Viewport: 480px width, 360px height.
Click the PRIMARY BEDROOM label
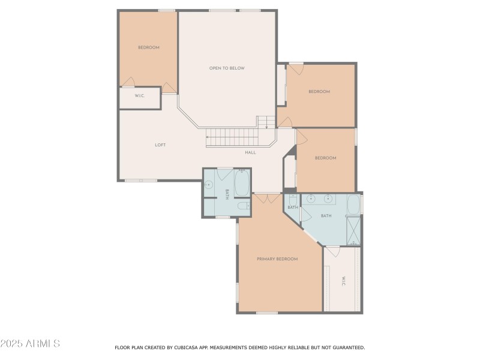click(x=277, y=259)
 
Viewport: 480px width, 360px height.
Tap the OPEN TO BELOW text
click(x=227, y=68)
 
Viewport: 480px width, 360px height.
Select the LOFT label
click(x=160, y=145)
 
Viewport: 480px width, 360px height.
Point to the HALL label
click(x=250, y=152)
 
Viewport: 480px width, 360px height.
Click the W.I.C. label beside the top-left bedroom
click(x=139, y=96)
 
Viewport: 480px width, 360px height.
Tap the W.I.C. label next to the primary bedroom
click(x=343, y=281)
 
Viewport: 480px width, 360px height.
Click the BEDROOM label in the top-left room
click(x=148, y=47)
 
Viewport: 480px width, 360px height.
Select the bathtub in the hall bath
click(x=241, y=183)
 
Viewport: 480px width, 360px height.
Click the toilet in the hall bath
click(x=243, y=206)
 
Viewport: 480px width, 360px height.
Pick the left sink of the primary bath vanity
click(x=311, y=199)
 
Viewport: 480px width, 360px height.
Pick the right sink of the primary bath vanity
click(x=329, y=199)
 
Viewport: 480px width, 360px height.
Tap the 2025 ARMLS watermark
click(x=30, y=344)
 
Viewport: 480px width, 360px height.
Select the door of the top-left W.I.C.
click(x=169, y=89)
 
